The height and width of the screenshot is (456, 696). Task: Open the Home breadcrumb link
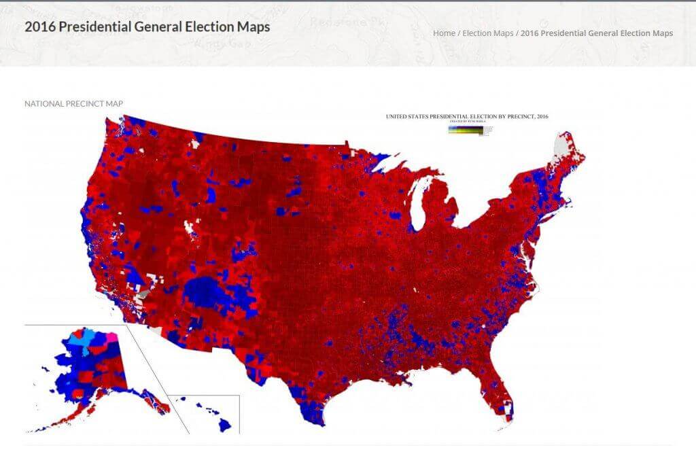tap(444, 33)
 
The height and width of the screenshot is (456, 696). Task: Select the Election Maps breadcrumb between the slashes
tap(487, 33)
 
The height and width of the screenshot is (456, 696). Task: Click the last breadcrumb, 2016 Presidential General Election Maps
tap(597, 33)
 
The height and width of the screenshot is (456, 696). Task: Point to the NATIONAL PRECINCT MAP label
tap(73, 104)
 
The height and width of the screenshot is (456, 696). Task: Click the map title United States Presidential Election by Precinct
tap(467, 116)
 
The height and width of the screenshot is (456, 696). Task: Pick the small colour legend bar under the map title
tap(469, 130)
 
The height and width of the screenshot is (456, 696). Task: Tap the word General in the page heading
tap(154, 27)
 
